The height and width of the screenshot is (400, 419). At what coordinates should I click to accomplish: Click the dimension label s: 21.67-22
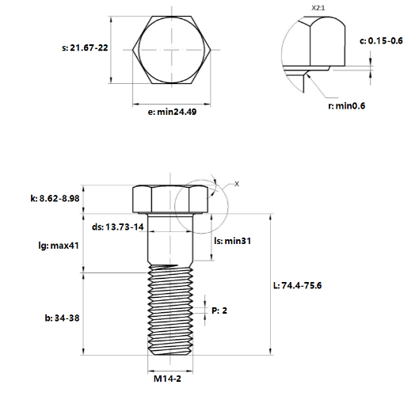click(85, 48)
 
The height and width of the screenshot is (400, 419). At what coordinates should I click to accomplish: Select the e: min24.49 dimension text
click(172, 112)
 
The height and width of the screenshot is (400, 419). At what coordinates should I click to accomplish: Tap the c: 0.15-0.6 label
click(381, 41)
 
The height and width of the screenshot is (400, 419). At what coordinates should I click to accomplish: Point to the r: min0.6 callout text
click(346, 106)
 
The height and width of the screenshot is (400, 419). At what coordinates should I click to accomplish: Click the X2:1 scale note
click(318, 8)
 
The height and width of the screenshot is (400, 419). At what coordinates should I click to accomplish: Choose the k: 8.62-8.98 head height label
click(55, 199)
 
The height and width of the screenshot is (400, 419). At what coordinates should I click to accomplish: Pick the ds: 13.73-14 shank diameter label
click(118, 227)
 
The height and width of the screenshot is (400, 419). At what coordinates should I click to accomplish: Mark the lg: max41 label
click(59, 246)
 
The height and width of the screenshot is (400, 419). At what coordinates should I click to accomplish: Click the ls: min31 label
click(233, 241)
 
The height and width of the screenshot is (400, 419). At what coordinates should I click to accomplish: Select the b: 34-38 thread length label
click(62, 318)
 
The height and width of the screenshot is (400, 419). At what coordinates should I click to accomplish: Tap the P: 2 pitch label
click(219, 310)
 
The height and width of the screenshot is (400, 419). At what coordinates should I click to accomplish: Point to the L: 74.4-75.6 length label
click(297, 285)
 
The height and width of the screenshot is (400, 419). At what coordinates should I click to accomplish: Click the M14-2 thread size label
click(167, 379)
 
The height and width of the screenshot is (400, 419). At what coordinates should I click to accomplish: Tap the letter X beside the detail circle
click(237, 184)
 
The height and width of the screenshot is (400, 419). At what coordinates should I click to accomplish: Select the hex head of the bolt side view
click(170, 199)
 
